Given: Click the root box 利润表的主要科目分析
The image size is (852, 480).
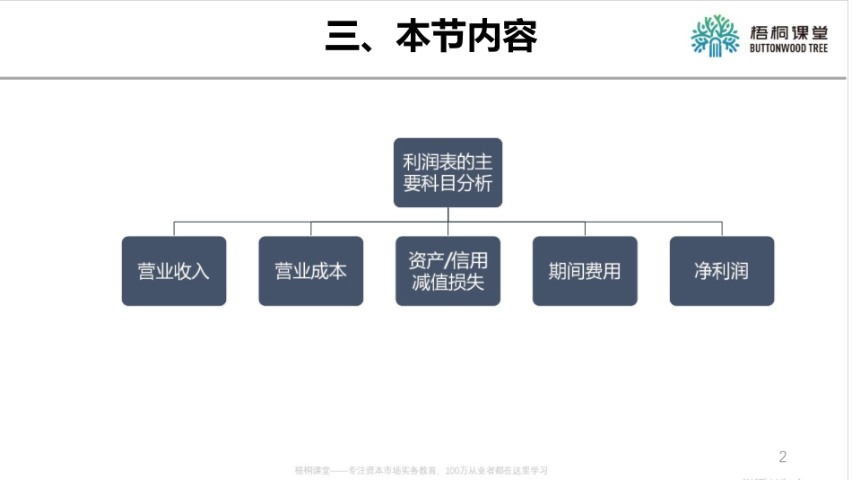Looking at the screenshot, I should coord(448,172).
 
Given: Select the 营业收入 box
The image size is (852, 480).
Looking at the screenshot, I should coord(174,271).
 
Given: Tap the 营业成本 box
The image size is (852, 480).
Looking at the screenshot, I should coord(311,271).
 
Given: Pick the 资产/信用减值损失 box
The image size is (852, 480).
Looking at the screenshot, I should coord(448,271).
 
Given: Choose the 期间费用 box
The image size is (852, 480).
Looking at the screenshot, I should coord(585,271).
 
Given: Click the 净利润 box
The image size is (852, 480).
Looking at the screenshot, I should coord(722,271).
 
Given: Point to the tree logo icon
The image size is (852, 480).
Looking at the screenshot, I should coord(715,36).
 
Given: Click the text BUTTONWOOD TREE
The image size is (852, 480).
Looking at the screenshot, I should coord(788,49).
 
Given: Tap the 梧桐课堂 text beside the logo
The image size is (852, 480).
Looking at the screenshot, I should coord(788,31).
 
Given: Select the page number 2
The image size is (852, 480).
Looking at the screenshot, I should coord(783,457).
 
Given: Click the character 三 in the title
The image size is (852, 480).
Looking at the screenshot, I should coord(342,37).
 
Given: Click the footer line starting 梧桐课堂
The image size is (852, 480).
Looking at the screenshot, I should coord(421,470).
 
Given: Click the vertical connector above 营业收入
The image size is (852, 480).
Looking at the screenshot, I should coord(174,229).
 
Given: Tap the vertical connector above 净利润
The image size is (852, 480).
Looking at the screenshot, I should coord(722,229).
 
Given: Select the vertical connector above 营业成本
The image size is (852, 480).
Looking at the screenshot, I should coord(311,229).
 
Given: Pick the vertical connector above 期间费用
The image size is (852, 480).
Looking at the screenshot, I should coord(585,229).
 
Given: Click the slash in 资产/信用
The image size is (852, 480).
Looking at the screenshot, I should coord(448,260).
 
